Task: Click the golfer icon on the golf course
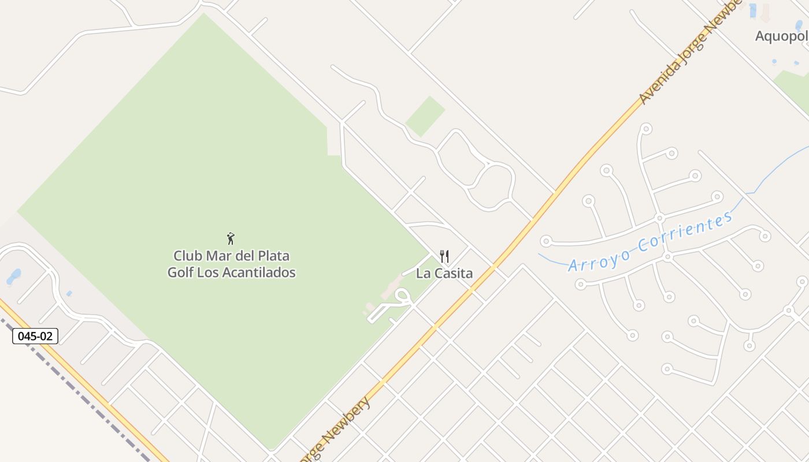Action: pos(231,238)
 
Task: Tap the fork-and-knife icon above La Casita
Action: pos(444,256)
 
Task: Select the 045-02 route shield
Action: pos(35,336)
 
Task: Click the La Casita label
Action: pos(444,274)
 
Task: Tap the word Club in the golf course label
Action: pos(186,256)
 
